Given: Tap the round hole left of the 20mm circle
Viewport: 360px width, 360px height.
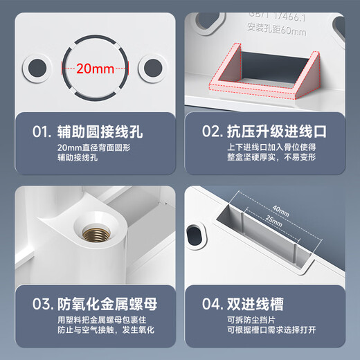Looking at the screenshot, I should pos(34,68).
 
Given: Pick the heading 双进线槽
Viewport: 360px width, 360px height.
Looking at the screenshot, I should pos(262,303).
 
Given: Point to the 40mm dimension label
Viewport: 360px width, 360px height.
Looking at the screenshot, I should pos(280,209).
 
